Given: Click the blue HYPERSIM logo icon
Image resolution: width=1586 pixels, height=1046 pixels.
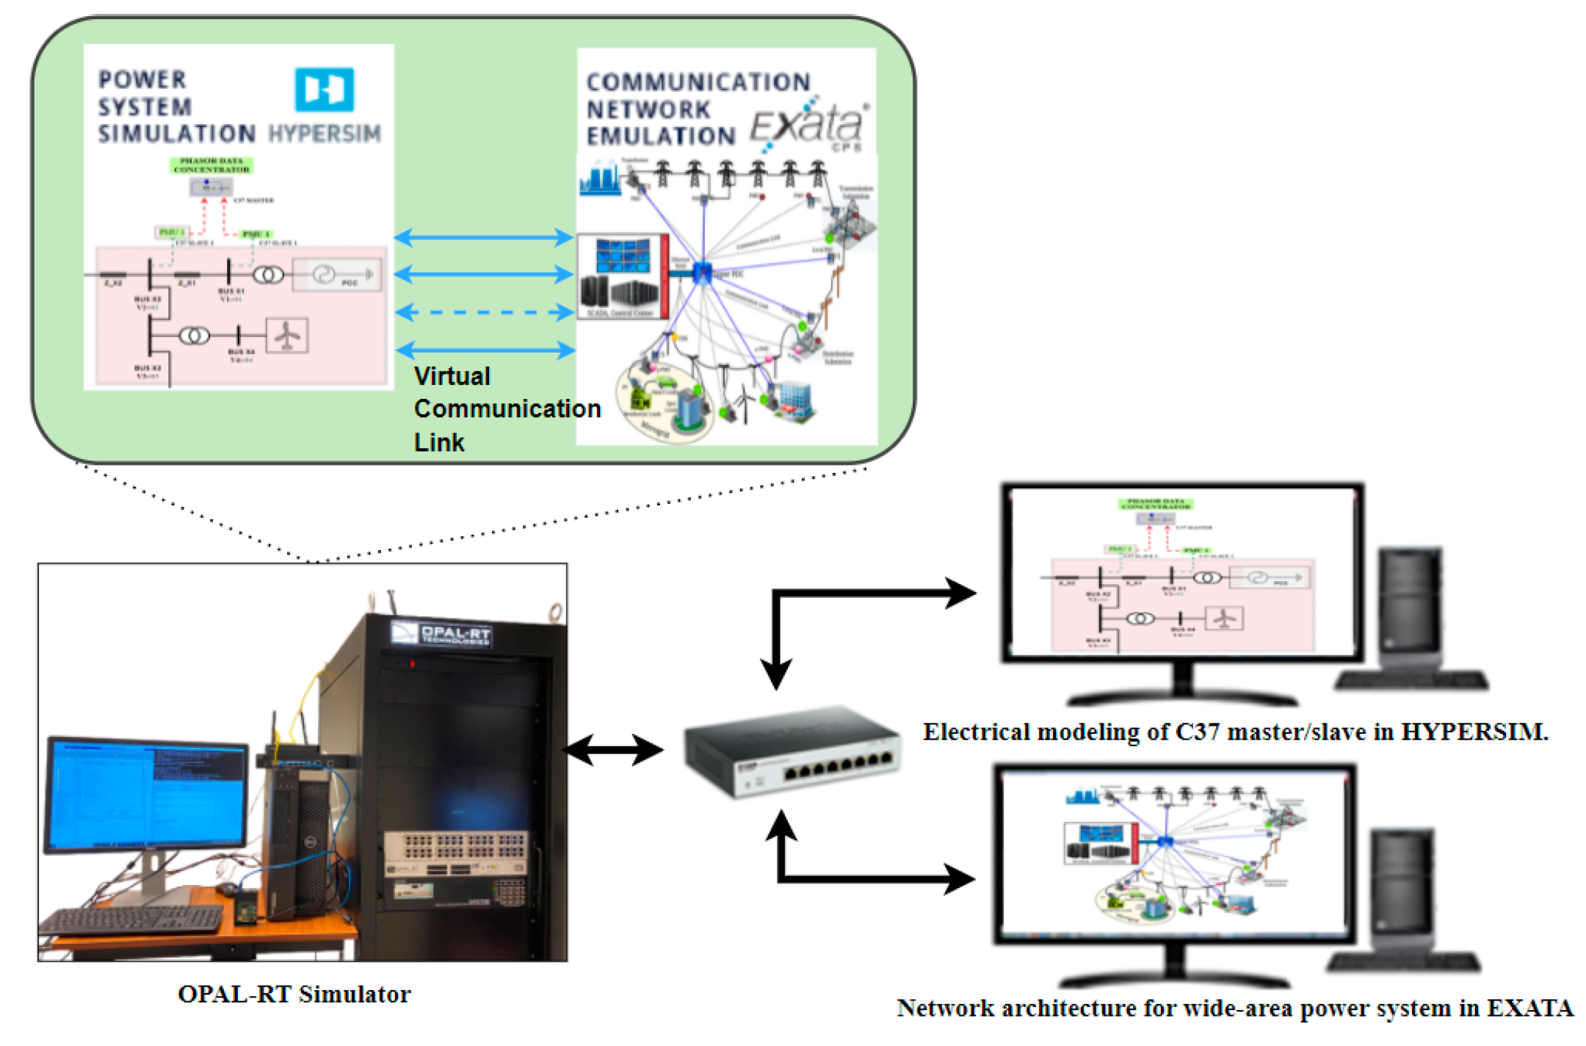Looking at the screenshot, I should click(x=324, y=89).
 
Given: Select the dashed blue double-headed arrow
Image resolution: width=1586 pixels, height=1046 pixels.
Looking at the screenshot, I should click(x=485, y=312).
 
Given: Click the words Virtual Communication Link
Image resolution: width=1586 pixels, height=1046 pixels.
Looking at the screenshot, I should click(x=507, y=408).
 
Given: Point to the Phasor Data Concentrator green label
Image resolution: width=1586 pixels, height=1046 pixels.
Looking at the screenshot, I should click(x=211, y=165).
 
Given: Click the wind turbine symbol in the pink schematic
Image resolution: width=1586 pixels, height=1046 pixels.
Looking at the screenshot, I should click(x=286, y=336).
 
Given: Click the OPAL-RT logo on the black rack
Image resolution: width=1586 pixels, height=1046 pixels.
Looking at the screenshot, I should click(x=442, y=634).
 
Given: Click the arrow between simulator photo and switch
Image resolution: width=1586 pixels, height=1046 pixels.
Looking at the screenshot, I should click(x=614, y=751).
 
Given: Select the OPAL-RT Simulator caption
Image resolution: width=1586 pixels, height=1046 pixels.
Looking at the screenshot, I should click(x=294, y=994).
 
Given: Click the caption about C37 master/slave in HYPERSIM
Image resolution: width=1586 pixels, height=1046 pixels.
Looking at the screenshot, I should click(x=1235, y=732).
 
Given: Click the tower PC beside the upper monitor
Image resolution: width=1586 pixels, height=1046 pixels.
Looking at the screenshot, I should click(x=1410, y=610).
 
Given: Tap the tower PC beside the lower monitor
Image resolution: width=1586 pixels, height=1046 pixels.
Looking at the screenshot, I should click(x=1402, y=889).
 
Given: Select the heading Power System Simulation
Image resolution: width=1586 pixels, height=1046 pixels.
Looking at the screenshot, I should click(x=176, y=107).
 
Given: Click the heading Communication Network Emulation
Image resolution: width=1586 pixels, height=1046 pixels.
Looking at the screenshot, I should click(x=698, y=109).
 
